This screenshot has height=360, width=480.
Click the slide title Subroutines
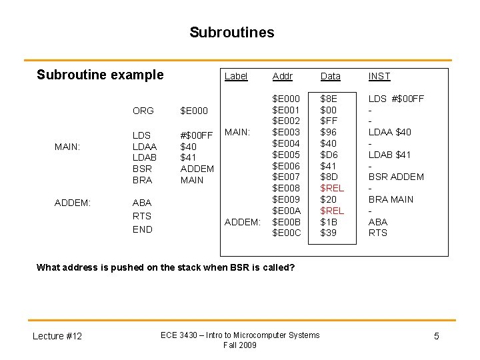point(231,33)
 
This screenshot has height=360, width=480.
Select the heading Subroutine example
point(100,75)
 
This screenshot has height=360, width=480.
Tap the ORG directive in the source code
point(143,111)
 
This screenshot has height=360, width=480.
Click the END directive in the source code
point(142,229)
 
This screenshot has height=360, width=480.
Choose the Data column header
point(331,77)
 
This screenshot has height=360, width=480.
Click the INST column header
point(379,77)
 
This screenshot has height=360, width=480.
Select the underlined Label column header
point(236,76)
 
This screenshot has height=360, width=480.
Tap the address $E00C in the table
point(287,233)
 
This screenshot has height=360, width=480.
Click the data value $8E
point(329,99)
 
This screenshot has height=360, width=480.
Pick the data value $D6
point(329,155)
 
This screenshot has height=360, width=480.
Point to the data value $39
point(329,233)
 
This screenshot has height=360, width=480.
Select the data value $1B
point(329,222)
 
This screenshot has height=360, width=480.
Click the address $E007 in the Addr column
point(287,177)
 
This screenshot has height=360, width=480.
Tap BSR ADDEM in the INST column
point(396,177)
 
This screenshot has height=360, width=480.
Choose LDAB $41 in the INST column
point(390,155)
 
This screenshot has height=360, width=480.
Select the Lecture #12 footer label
point(57,336)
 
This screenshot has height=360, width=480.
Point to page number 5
point(437,336)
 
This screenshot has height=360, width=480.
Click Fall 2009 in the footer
point(240,345)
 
